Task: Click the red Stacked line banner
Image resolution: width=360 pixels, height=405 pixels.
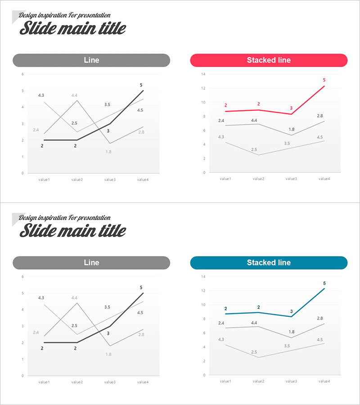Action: (x=269, y=60)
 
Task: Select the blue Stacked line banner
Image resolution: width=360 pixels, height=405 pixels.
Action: (x=269, y=263)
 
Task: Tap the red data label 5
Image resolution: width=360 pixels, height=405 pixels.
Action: (x=324, y=80)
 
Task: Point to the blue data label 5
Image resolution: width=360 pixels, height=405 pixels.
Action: (x=324, y=283)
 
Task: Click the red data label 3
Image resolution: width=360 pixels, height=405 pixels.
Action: (x=291, y=108)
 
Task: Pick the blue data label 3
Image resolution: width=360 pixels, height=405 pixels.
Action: (x=291, y=311)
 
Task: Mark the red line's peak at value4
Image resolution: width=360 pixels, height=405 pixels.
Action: (x=324, y=86)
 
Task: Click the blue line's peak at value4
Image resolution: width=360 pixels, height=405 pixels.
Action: (x=324, y=289)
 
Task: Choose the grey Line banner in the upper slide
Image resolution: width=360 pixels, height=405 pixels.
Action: (x=91, y=60)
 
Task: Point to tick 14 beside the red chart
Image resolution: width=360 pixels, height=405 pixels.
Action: (x=203, y=74)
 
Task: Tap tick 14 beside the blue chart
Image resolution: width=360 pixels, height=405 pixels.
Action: (x=203, y=276)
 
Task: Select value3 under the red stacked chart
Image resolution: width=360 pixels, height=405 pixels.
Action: (x=291, y=179)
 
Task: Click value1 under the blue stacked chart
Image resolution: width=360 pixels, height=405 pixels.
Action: (x=225, y=381)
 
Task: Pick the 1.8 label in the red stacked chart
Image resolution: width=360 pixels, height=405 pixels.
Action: (x=291, y=130)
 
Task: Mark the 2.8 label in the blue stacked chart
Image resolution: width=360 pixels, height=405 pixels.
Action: (x=319, y=318)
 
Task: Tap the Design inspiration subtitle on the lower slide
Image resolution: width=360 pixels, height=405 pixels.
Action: (x=65, y=218)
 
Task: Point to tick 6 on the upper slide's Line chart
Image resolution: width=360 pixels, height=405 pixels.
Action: (x=22, y=74)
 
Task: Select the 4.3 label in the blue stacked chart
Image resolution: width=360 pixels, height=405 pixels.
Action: (x=221, y=339)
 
